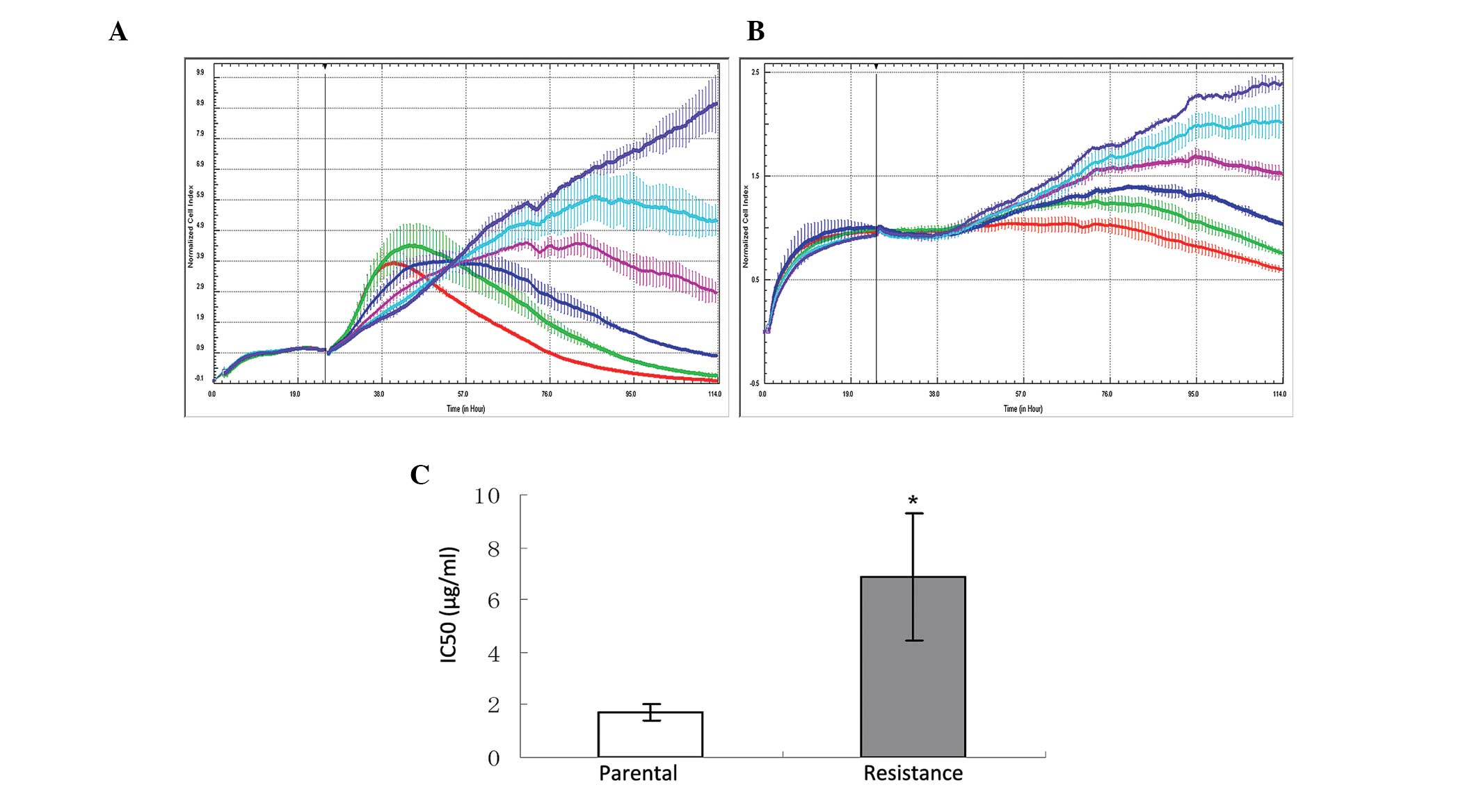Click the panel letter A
click(x=118, y=32)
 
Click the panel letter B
click(x=756, y=32)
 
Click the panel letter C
click(x=420, y=475)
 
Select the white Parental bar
click(x=650, y=734)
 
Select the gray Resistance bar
click(x=913, y=666)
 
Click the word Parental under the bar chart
click(x=638, y=773)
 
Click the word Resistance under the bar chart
click(x=913, y=773)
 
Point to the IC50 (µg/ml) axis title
click(x=449, y=605)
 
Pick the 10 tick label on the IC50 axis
click(x=487, y=496)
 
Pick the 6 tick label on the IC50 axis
click(x=494, y=601)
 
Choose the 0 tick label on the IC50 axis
click(x=494, y=758)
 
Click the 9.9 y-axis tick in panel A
click(x=200, y=72)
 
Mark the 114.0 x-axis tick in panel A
click(x=714, y=395)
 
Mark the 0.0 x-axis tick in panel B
click(x=763, y=395)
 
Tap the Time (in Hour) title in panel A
click(x=465, y=409)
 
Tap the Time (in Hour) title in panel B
click(x=1023, y=409)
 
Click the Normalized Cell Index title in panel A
click(x=191, y=227)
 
